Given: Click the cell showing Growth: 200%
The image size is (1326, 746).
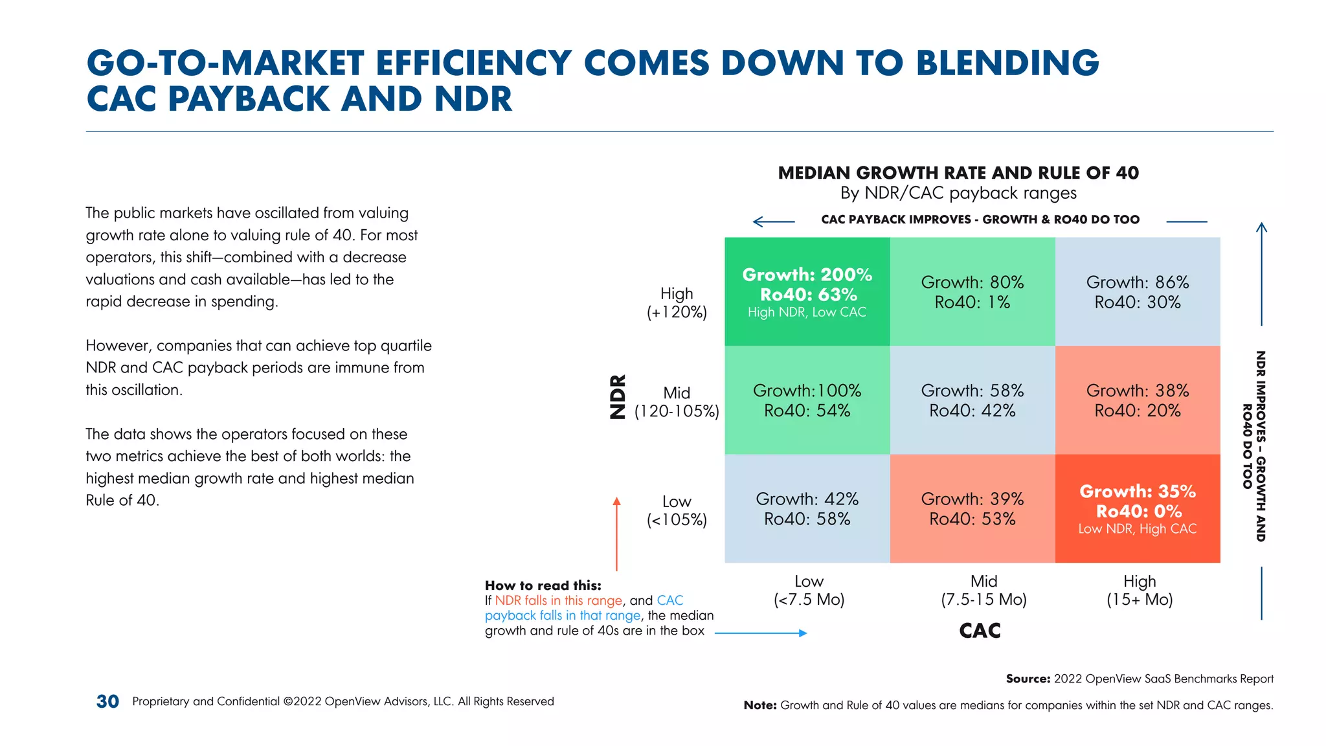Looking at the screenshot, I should pyautogui.click(x=807, y=291).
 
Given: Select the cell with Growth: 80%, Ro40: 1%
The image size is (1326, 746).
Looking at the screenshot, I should pyautogui.click(x=972, y=291).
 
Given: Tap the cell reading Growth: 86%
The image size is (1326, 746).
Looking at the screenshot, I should pyautogui.click(x=1137, y=291).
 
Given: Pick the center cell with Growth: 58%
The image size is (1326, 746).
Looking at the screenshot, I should pyautogui.click(x=972, y=400).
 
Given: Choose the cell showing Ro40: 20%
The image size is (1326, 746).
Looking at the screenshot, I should pyautogui.click(x=1137, y=400).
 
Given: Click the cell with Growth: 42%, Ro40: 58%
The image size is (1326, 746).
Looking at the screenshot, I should pyautogui.click(x=807, y=508).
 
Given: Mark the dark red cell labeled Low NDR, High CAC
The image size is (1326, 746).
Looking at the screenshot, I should pyautogui.click(x=1137, y=508).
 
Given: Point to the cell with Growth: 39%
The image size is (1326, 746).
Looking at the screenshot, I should pyautogui.click(x=972, y=508).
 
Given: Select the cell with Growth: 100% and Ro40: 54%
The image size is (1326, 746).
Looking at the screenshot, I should pyautogui.click(x=807, y=400).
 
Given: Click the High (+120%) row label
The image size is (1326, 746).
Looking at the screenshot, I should pyautogui.click(x=677, y=302).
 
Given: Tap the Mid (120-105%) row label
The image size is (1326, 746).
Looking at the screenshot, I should pyautogui.click(x=677, y=401).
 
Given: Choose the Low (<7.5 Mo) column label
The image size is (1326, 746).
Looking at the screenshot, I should pyautogui.click(x=809, y=590).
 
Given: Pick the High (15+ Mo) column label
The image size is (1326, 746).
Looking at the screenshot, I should pyautogui.click(x=1140, y=590).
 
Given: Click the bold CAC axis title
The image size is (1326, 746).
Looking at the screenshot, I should pyautogui.click(x=980, y=631).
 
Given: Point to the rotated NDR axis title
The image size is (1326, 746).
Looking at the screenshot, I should pyautogui.click(x=618, y=396).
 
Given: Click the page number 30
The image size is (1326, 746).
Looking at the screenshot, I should pyautogui.click(x=107, y=701).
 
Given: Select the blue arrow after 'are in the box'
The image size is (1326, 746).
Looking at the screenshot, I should pyautogui.click(x=760, y=633).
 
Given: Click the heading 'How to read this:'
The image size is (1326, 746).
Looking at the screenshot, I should pyautogui.click(x=543, y=585).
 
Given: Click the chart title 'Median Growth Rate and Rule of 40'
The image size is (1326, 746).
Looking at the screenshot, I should pyautogui.click(x=958, y=173).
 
